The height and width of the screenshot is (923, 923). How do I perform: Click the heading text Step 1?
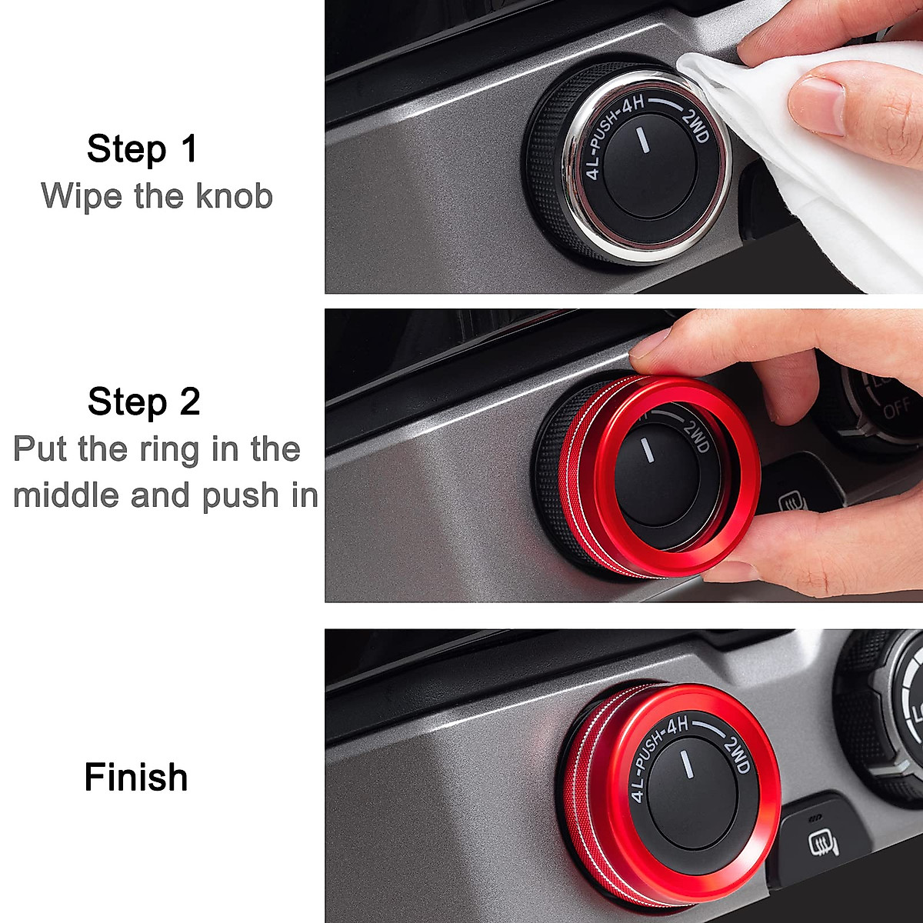point(142,148)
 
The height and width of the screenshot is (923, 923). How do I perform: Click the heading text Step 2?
point(143,402)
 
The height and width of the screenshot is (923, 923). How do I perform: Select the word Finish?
point(135,777)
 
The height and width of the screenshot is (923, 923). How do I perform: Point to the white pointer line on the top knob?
point(641,142)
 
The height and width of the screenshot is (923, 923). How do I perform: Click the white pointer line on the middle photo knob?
point(650,449)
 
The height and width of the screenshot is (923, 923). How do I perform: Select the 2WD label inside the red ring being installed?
point(695,436)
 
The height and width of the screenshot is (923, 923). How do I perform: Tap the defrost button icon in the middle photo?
point(792,504)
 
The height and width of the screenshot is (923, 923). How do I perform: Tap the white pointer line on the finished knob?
point(683,765)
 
